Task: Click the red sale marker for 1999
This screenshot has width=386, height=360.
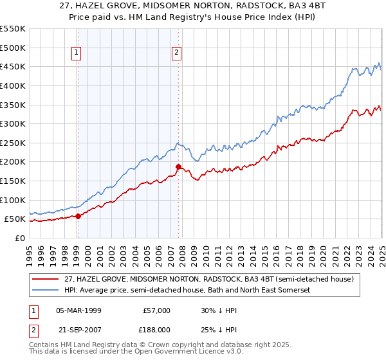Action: [78, 217]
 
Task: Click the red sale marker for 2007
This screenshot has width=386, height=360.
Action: [178, 166]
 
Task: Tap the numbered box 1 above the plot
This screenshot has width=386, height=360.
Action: [77, 53]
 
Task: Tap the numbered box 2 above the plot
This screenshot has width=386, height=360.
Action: [176, 53]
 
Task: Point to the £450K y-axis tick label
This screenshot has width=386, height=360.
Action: [13, 67]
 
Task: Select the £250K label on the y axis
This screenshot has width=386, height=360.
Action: [13, 143]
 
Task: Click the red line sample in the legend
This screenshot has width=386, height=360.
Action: [46, 280]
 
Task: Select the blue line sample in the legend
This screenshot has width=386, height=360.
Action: [46, 291]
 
